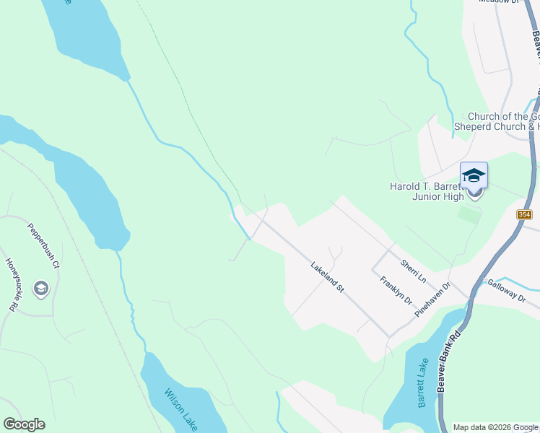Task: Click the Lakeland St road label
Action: point(326,276)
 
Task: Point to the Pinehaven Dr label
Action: point(432,301)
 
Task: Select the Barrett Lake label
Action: point(423,383)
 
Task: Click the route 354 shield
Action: point(525,215)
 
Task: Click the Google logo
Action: point(24,424)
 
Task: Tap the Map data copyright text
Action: point(495,427)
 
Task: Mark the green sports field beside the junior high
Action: point(469,214)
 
